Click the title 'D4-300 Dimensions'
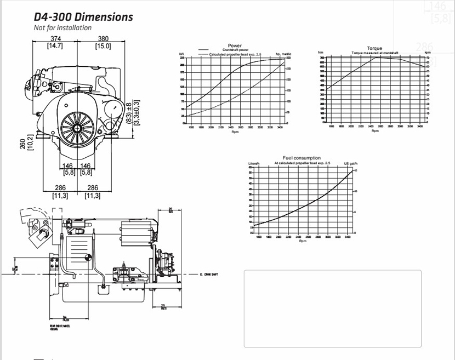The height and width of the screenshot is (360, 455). (x=83, y=16)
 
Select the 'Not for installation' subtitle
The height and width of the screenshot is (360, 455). (x=62, y=28)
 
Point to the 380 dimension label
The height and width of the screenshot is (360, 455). (x=103, y=39)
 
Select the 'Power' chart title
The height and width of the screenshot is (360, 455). (x=235, y=45)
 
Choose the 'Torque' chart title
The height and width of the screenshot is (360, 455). (x=375, y=48)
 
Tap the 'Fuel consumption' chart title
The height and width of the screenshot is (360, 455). (x=302, y=158)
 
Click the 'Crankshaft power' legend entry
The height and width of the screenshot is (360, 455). (x=236, y=50)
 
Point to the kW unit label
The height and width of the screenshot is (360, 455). (x=182, y=54)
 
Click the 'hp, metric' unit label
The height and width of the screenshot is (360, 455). (x=283, y=54)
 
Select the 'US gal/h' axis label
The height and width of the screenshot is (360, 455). (x=350, y=163)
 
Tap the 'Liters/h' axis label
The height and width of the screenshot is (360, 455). (x=254, y=163)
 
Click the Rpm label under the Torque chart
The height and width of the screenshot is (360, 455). (x=375, y=130)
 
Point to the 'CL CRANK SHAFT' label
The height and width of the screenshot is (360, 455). (x=209, y=274)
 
